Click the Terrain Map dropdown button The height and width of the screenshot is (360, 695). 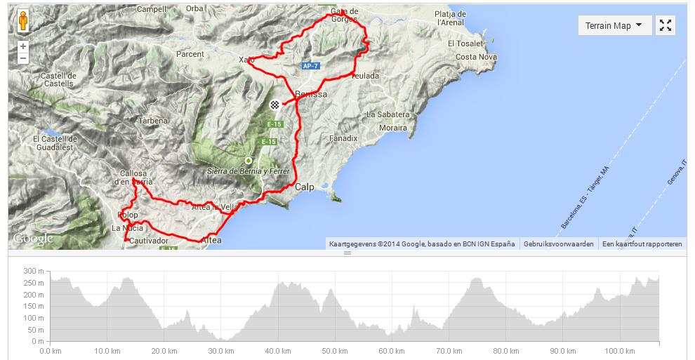click(614, 26)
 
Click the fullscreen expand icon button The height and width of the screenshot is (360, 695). click(666, 26)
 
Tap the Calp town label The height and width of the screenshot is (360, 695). click(304, 187)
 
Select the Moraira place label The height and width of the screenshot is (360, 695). click(392, 128)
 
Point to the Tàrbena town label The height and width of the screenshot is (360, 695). click(153, 120)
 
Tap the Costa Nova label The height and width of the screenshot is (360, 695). click(476, 57)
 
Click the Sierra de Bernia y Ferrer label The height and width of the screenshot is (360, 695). click(249, 171)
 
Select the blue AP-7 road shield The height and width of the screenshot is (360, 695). click(310, 66)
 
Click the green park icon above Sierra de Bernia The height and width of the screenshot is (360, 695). click(248, 160)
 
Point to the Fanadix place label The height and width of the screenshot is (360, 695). click(343, 139)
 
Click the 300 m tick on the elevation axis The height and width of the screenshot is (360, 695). click(34, 271)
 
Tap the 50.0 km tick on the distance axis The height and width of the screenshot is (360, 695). click(331, 351)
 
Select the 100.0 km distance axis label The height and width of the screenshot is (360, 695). click(618, 351)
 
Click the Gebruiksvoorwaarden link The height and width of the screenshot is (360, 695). click(558, 244)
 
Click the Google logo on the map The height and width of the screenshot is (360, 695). click(33, 239)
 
